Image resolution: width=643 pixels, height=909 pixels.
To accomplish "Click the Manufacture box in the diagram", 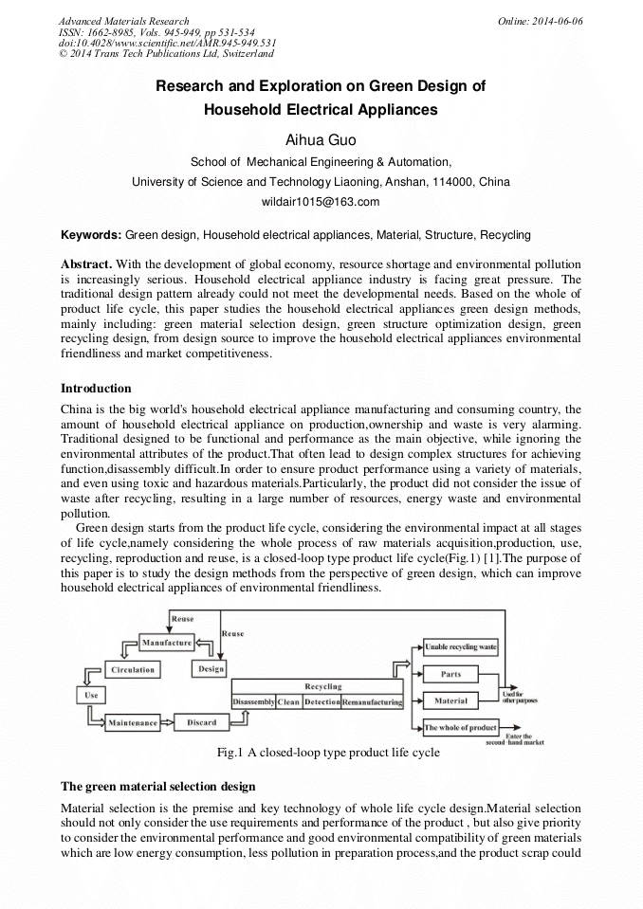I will click(x=166, y=643).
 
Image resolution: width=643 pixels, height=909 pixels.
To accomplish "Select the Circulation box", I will click(x=133, y=669).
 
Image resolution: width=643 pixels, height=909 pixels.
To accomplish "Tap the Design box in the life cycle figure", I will click(x=210, y=669).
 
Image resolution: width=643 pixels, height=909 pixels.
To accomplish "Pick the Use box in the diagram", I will click(x=91, y=695).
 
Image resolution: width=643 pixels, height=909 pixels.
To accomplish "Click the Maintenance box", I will click(x=133, y=723).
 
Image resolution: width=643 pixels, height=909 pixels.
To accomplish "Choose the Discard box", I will click(x=201, y=722).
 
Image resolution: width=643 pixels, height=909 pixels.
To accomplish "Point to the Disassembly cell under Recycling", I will click(x=253, y=702).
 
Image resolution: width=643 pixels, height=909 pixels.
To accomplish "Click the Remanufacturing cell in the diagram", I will click(x=372, y=702).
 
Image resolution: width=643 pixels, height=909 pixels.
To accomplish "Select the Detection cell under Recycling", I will click(x=321, y=702).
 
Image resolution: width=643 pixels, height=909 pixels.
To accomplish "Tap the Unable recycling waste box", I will click(x=461, y=647).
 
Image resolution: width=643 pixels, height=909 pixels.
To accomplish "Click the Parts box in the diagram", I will click(x=451, y=675).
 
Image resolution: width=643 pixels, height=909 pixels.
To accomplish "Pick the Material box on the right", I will click(x=451, y=701).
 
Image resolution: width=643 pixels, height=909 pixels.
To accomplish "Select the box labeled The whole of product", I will click(x=461, y=728).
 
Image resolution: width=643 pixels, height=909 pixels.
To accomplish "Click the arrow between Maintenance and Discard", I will click(x=168, y=722).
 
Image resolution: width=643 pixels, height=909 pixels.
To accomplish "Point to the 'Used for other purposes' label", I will click(x=520, y=699).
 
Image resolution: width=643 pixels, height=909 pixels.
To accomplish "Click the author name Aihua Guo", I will click(x=321, y=141).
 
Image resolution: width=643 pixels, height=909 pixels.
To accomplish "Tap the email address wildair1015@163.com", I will click(x=321, y=202).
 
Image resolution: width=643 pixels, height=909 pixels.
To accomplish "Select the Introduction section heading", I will click(x=96, y=389).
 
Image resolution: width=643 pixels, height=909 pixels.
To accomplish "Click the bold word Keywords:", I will click(x=91, y=234).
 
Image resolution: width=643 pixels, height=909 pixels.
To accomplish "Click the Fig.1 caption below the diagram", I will click(x=328, y=753).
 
